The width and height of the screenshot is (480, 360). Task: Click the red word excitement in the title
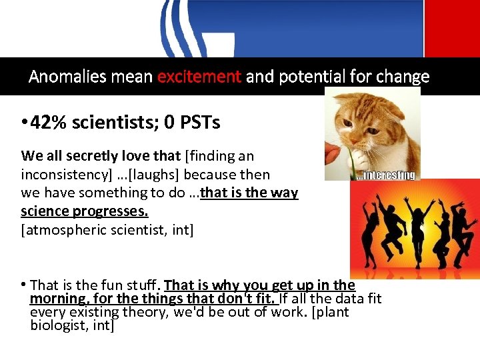199,77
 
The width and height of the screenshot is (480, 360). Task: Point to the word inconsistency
60,175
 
